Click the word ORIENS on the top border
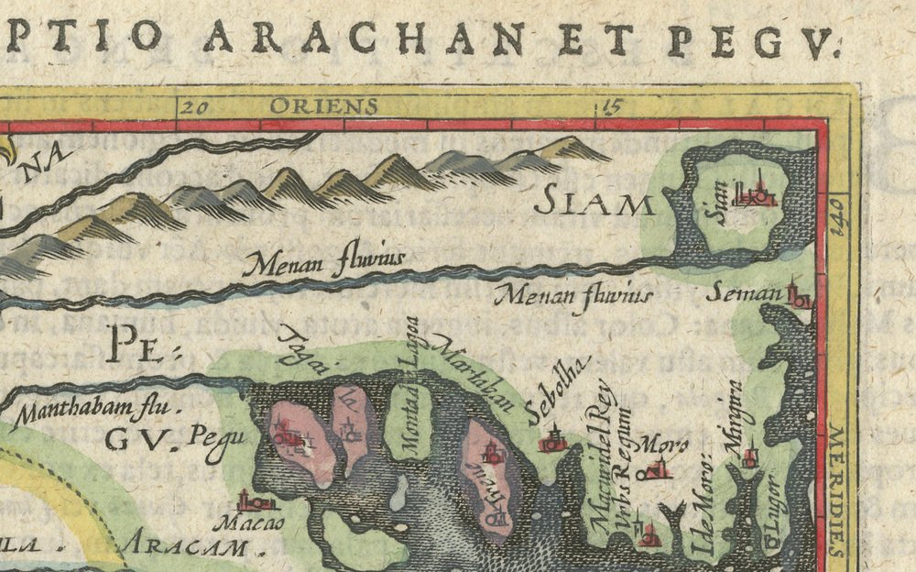[x=322, y=106]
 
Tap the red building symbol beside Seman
[x=799, y=296]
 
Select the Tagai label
[x=297, y=348]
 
